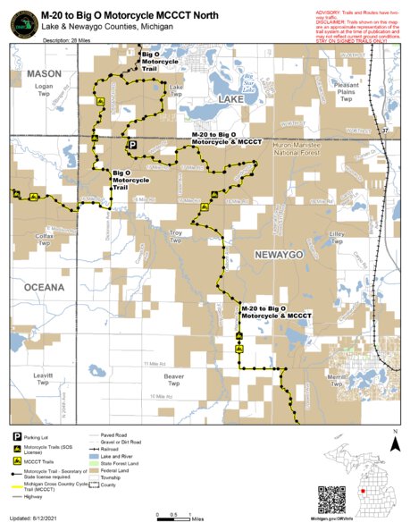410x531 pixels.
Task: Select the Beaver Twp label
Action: pyautogui.click(x=175, y=380)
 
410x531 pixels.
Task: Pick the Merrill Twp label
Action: pyautogui.click(x=337, y=381)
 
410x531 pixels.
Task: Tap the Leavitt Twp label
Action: pyautogui.click(x=42, y=379)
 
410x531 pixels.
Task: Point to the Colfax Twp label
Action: pyautogui.click(x=44, y=238)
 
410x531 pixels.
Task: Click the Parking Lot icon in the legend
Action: pyautogui.click(x=17, y=436)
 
